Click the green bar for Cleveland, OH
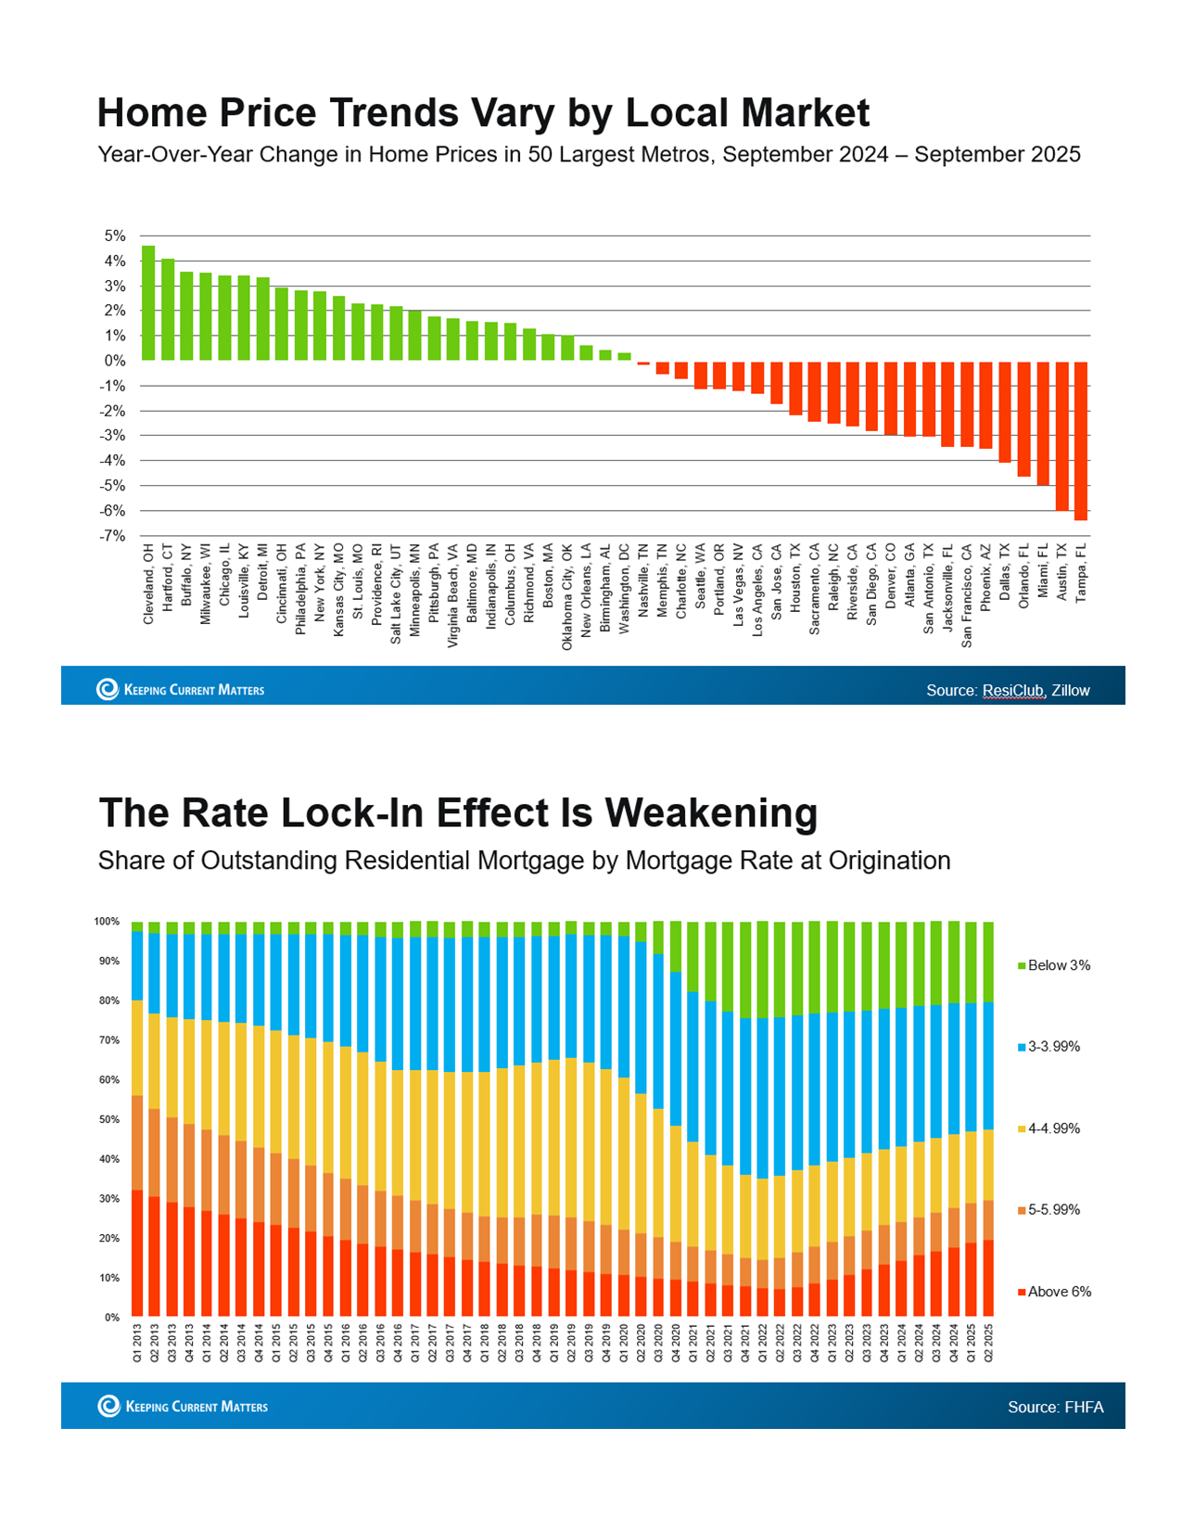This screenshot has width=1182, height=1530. tap(148, 303)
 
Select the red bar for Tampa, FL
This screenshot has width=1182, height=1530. tap(1081, 440)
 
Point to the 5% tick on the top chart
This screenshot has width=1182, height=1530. tap(114, 236)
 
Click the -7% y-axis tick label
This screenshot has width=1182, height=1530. tap(113, 536)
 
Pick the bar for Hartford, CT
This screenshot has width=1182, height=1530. tap(168, 310)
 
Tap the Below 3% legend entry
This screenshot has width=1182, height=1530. tap(1058, 965)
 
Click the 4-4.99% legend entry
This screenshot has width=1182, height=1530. tap(1053, 1128)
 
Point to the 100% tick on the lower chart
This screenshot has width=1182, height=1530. tap(107, 922)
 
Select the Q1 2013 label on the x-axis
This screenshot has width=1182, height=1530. tap(137, 1341)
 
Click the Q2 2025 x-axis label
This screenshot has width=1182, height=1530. tap(988, 1341)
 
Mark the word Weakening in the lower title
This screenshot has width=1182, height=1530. tap(711, 813)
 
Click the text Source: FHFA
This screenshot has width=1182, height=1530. tap(1055, 1407)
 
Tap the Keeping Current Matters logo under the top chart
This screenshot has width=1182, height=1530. tap(181, 690)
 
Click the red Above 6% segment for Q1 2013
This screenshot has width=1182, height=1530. tap(137, 1253)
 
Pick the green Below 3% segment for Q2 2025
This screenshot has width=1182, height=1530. tap(988, 962)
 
